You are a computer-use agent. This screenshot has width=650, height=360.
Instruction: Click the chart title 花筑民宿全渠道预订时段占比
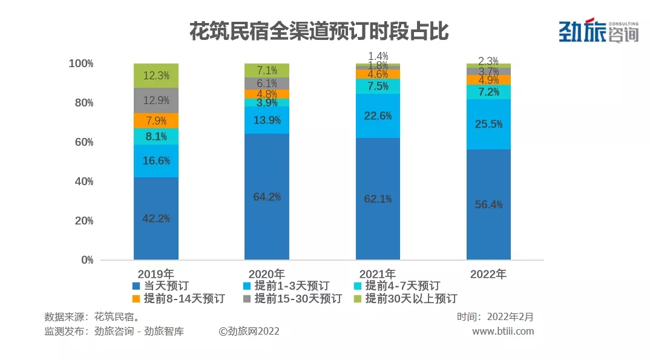pos(319,31)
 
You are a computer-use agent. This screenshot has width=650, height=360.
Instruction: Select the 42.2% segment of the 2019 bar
pos(156,218)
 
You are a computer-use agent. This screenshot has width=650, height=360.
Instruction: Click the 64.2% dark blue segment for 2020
pos(267,197)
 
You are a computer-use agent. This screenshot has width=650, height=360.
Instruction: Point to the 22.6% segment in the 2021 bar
pos(378,116)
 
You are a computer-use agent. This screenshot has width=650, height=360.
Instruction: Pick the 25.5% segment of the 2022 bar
pos(488,124)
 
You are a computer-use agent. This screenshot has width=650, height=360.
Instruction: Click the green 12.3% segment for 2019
pos(156,76)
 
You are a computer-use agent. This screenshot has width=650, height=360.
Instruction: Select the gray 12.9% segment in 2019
pos(156,100)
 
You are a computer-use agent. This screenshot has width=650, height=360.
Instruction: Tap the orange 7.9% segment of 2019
pos(156,120)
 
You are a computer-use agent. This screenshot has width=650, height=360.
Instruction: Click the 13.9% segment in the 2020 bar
pos(267,120)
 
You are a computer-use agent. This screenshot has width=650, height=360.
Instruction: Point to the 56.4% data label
pos(488,205)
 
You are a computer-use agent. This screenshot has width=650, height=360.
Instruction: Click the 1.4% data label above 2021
pos(378,56)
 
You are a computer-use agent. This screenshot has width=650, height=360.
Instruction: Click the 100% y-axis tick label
pos(80,64)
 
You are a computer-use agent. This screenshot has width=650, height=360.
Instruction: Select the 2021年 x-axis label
pos(377,273)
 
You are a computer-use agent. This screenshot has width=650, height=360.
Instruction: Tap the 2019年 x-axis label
pos(156,273)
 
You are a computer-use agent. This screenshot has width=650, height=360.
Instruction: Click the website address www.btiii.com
pos(503,331)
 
